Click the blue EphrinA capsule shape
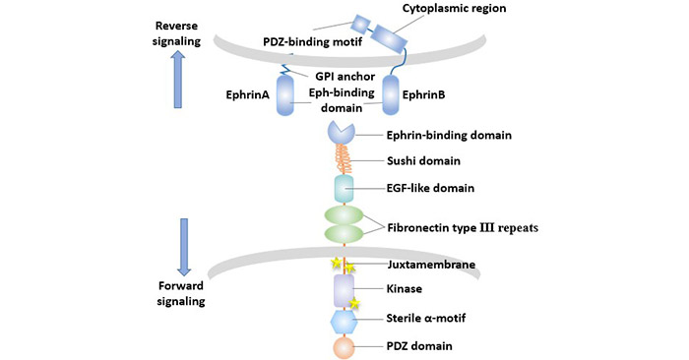point(284,98)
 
